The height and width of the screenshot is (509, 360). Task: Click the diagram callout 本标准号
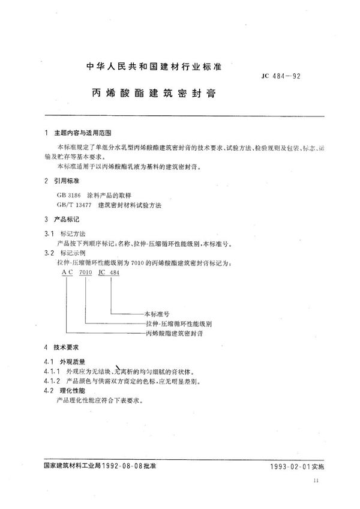(x=158, y=313)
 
